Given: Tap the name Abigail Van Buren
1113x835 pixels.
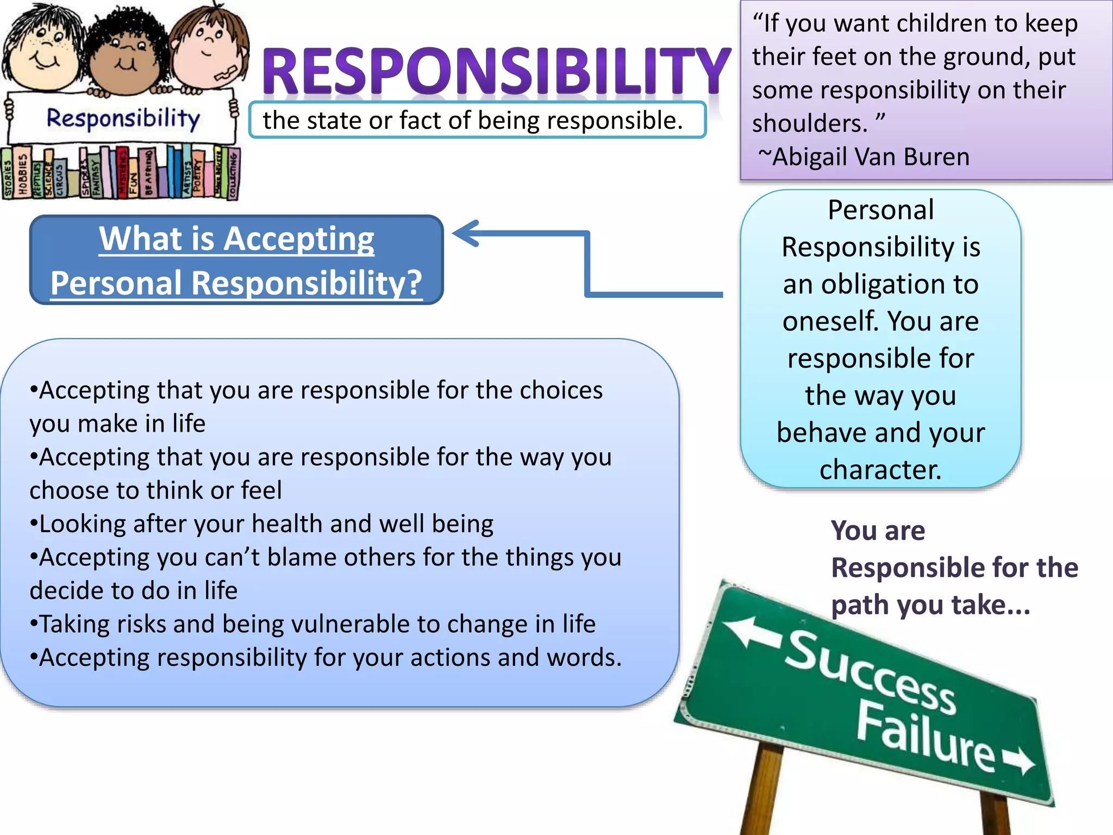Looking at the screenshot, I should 871,157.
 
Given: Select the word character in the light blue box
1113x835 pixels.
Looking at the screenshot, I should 880,470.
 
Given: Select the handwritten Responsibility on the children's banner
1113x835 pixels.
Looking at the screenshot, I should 123,118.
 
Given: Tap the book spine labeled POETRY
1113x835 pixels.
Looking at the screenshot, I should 197,175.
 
